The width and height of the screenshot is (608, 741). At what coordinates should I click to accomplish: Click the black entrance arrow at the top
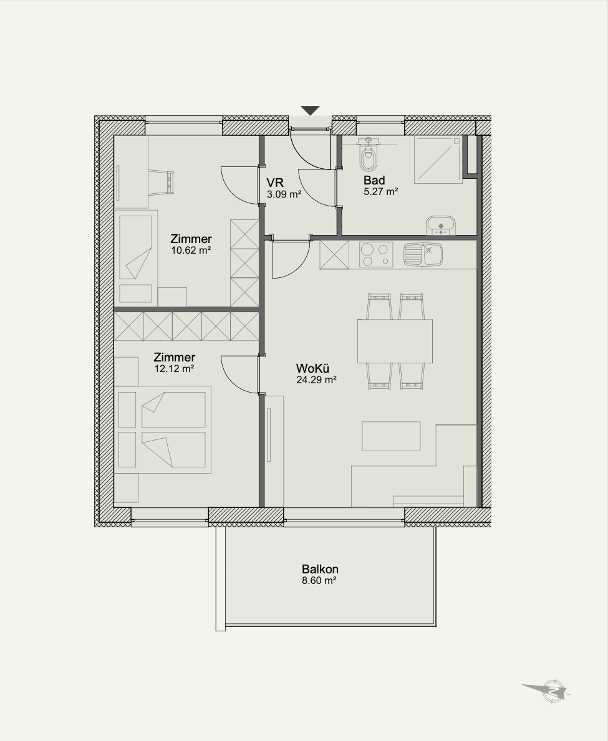tap(310, 110)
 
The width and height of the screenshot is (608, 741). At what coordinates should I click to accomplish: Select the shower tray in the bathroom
tap(438, 160)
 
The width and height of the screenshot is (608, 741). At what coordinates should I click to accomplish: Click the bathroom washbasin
tap(441, 226)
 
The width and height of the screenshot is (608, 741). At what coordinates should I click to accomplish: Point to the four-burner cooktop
tap(376, 255)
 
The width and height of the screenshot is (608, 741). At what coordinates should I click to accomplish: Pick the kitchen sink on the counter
tap(423, 255)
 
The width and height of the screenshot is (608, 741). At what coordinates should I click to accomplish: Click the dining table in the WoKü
tap(395, 341)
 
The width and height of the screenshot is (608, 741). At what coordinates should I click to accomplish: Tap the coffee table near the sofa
tap(391, 436)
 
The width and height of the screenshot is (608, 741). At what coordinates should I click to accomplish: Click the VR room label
tap(274, 183)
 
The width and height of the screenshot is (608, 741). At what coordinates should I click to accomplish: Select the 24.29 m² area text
tap(316, 380)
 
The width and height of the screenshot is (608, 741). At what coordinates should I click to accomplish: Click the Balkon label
tap(320, 570)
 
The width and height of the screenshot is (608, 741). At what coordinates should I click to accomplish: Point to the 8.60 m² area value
tap(319, 581)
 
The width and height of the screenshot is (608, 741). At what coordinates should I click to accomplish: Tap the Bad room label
tap(374, 180)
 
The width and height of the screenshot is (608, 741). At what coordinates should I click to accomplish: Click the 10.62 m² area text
tap(191, 251)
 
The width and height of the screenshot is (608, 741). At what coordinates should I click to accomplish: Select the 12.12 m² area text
tap(175, 368)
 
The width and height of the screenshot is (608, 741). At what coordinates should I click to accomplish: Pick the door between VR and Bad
tap(317, 188)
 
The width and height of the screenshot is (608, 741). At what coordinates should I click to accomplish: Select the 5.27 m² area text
tap(380, 192)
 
